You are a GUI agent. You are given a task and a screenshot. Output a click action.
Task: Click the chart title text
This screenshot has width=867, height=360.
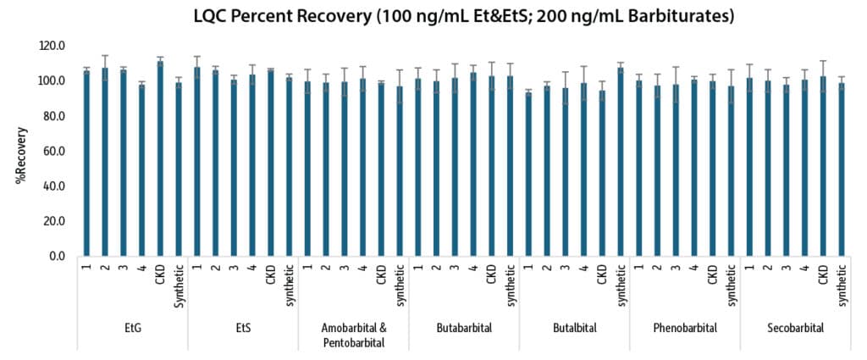[463, 15]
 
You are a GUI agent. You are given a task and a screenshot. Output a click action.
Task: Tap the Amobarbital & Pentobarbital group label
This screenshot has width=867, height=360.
[353, 334]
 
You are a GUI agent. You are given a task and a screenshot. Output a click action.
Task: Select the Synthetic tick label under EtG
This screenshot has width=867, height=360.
[179, 282]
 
